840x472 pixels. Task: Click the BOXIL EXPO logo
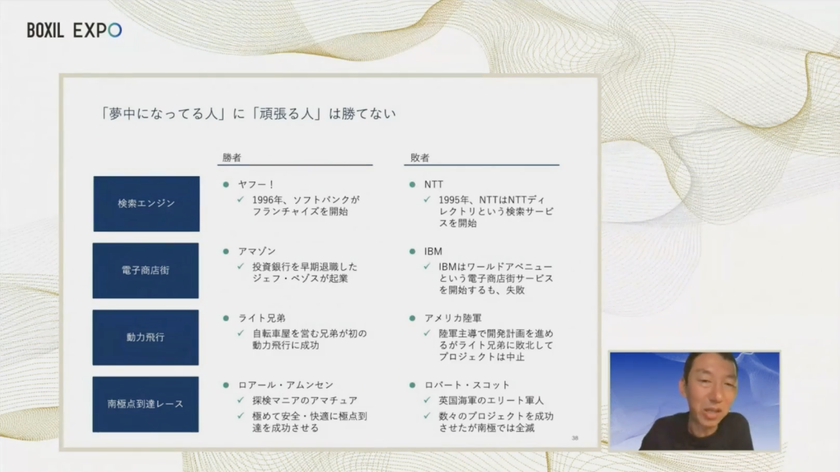[x=74, y=31]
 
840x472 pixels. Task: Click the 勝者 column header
[x=232, y=158]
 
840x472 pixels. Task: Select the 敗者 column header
[x=420, y=158]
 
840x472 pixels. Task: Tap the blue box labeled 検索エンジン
[x=146, y=204]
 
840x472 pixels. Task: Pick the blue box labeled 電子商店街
[x=145, y=271]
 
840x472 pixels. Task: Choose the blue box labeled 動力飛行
[x=145, y=337]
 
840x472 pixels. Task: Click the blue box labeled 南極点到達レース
[x=145, y=404]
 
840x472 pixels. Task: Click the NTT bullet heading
[x=434, y=185]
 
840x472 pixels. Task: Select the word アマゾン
[x=257, y=251]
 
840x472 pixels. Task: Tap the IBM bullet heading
[x=433, y=251]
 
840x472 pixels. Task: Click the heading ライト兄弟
[x=262, y=318]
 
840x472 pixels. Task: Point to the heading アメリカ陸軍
[x=453, y=318]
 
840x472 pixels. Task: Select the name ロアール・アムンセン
[x=286, y=385]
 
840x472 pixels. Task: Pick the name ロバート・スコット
[x=467, y=385]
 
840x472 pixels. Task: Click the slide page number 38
[x=575, y=438]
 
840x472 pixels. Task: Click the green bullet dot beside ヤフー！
[x=226, y=185]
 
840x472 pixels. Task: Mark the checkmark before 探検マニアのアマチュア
[x=241, y=400]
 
